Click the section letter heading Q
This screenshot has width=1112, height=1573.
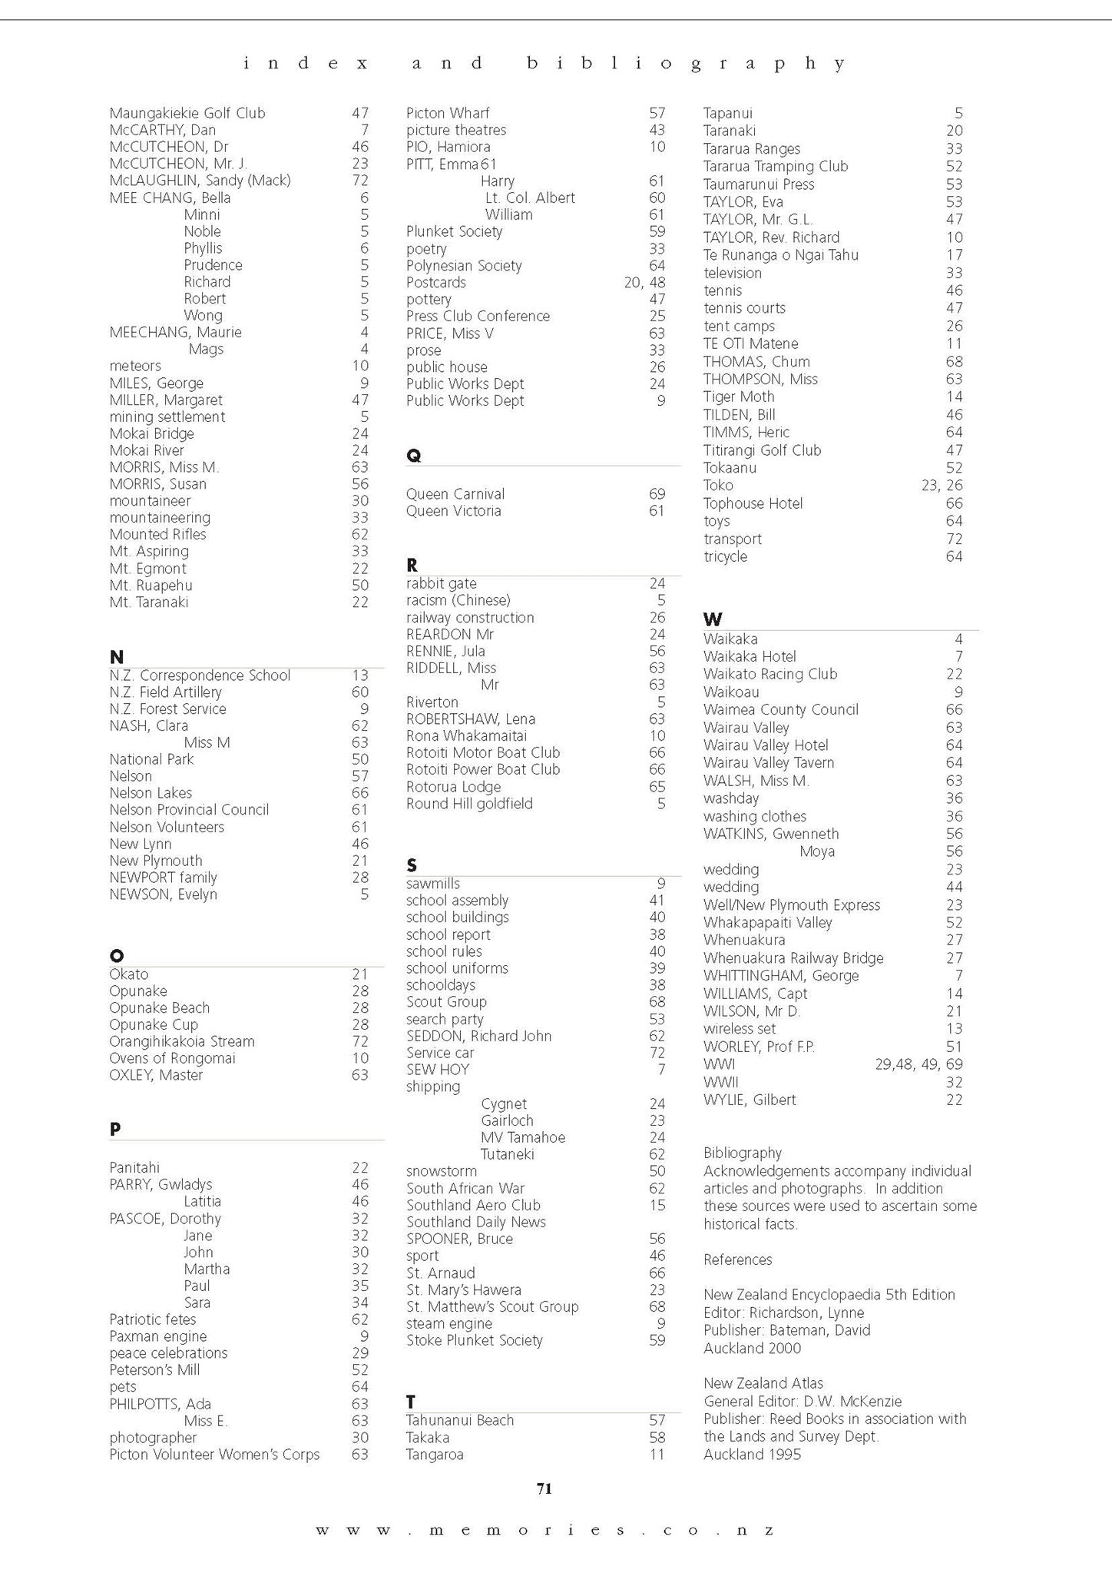(x=413, y=456)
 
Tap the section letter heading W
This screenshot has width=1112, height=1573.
(x=712, y=619)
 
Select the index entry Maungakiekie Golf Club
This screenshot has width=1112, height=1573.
(x=187, y=113)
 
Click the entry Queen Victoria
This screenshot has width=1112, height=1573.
(x=453, y=511)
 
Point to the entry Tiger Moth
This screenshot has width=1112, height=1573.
(x=738, y=397)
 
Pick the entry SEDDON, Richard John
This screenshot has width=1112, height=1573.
(x=478, y=1036)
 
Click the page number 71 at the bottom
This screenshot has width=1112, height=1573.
(x=544, y=1488)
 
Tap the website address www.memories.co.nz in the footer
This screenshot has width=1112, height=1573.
(x=544, y=1530)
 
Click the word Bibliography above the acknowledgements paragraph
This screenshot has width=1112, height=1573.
(x=742, y=1153)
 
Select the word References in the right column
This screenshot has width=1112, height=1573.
(x=737, y=1259)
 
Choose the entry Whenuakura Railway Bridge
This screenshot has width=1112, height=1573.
(x=793, y=958)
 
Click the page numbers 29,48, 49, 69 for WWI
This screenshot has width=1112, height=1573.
(x=918, y=1064)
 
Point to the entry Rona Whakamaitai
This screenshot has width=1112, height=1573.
(x=466, y=735)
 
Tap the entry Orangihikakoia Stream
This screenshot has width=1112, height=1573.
(x=181, y=1041)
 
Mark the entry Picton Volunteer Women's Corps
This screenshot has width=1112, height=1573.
(x=213, y=1454)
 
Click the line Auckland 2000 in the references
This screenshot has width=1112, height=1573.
(x=751, y=1348)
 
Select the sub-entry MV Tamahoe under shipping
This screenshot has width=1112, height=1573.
(x=522, y=1137)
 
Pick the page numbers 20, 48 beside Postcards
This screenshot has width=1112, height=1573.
(x=644, y=282)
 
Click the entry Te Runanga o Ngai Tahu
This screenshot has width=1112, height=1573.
(x=780, y=255)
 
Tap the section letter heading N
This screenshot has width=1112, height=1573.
(x=116, y=657)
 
